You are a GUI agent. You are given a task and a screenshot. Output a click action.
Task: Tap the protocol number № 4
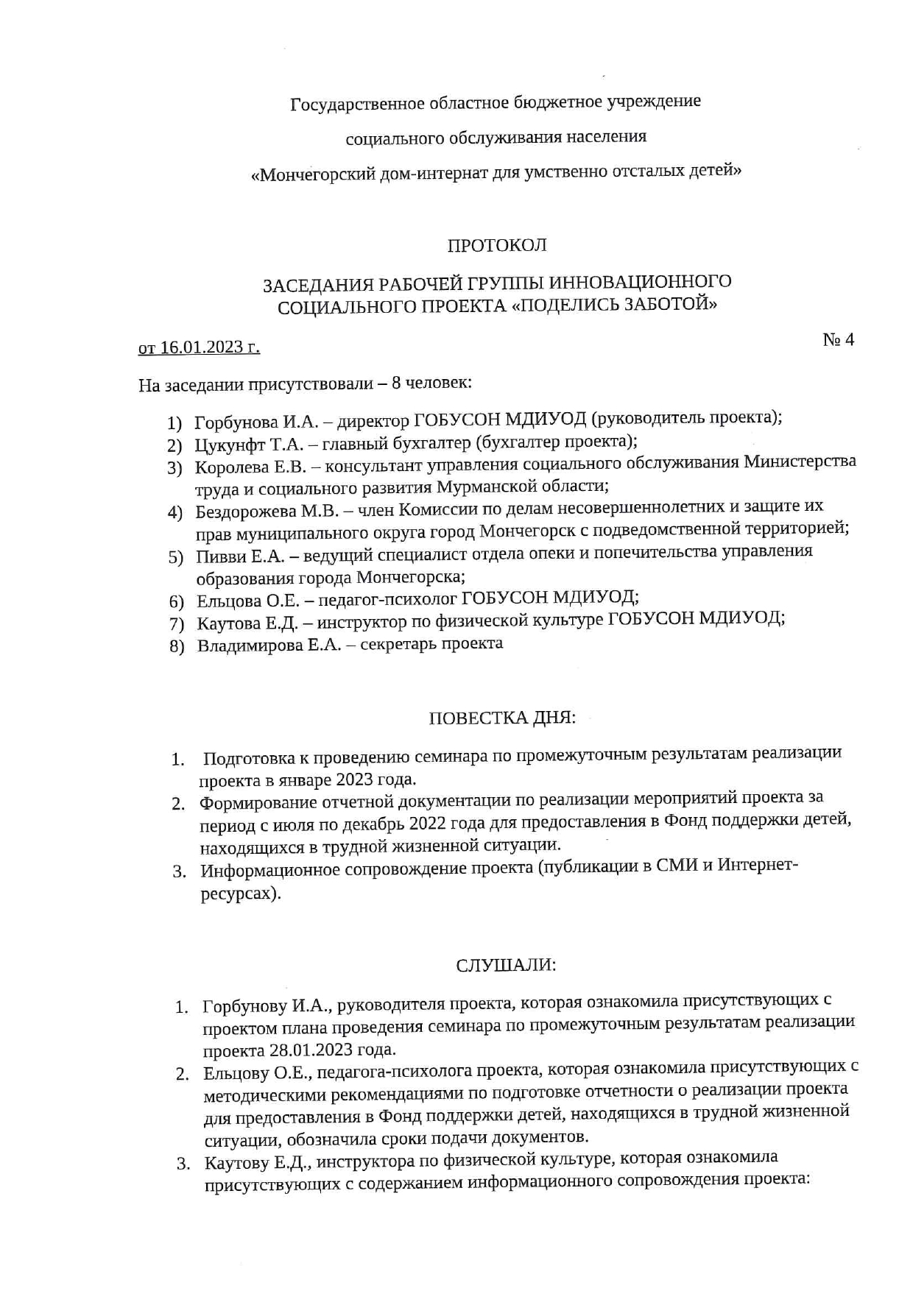[x=838, y=339]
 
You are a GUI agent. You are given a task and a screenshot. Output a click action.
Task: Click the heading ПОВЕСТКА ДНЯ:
[x=501, y=718]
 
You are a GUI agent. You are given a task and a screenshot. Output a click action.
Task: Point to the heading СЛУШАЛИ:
[x=506, y=965]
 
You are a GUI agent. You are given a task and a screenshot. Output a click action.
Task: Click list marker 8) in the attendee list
[x=176, y=648]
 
